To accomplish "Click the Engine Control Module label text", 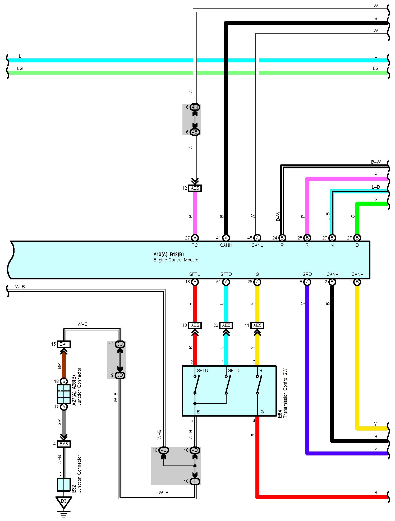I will (x=176, y=260).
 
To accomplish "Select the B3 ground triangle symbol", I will (x=64, y=502).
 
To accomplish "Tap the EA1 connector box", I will (x=64, y=344).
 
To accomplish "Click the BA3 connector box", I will (x=64, y=444).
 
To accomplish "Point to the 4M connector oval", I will (x=195, y=107).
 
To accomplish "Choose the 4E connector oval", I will (x=195, y=132).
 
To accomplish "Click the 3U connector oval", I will (x=120, y=344).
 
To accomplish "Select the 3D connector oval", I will (x=120, y=375).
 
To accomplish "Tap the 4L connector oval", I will (x=164, y=450).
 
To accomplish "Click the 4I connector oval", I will (x=195, y=481).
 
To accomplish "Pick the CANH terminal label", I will (x=226, y=245).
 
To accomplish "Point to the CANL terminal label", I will (x=257, y=245).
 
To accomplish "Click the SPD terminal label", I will (x=307, y=274).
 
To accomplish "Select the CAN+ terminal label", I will (x=332, y=274).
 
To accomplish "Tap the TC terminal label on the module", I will (x=195, y=245).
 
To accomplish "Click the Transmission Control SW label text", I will (x=285, y=393).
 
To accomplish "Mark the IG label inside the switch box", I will (x=261, y=412).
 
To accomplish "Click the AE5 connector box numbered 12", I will (x=195, y=188).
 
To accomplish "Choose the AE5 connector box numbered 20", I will (x=226, y=325).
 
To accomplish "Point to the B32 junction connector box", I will (x=64, y=485).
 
